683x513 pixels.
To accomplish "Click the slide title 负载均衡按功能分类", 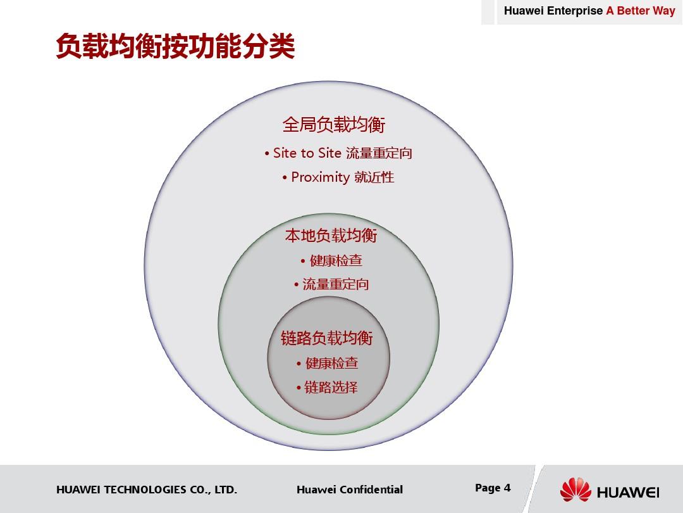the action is (176, 46).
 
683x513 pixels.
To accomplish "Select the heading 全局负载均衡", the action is (334, 124).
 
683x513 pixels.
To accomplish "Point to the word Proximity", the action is (320, 177).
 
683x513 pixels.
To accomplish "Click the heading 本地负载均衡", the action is (331, 235).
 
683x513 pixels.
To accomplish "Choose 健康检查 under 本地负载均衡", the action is (336, 260).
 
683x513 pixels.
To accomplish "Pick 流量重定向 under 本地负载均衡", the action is (335, 284).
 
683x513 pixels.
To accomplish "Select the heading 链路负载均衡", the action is (327, 338).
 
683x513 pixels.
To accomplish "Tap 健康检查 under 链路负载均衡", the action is (332, 363).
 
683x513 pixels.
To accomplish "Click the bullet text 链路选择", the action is (331, 387).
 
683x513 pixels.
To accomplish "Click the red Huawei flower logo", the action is (575, 490).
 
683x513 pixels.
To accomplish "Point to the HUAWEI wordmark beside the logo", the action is (628, 493).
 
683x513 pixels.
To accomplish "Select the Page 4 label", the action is (493, 488).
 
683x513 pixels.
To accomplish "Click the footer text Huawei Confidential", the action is (350, 490).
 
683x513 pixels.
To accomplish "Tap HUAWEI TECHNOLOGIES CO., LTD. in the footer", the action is (147, 490).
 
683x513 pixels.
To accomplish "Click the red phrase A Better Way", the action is (641, 11).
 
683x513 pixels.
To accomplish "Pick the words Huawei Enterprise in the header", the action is (553, 11).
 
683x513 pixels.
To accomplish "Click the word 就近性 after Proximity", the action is (374, 177).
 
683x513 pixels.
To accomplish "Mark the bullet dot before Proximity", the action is (285, 178).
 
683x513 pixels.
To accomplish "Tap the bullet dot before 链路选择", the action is (298, 388).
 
